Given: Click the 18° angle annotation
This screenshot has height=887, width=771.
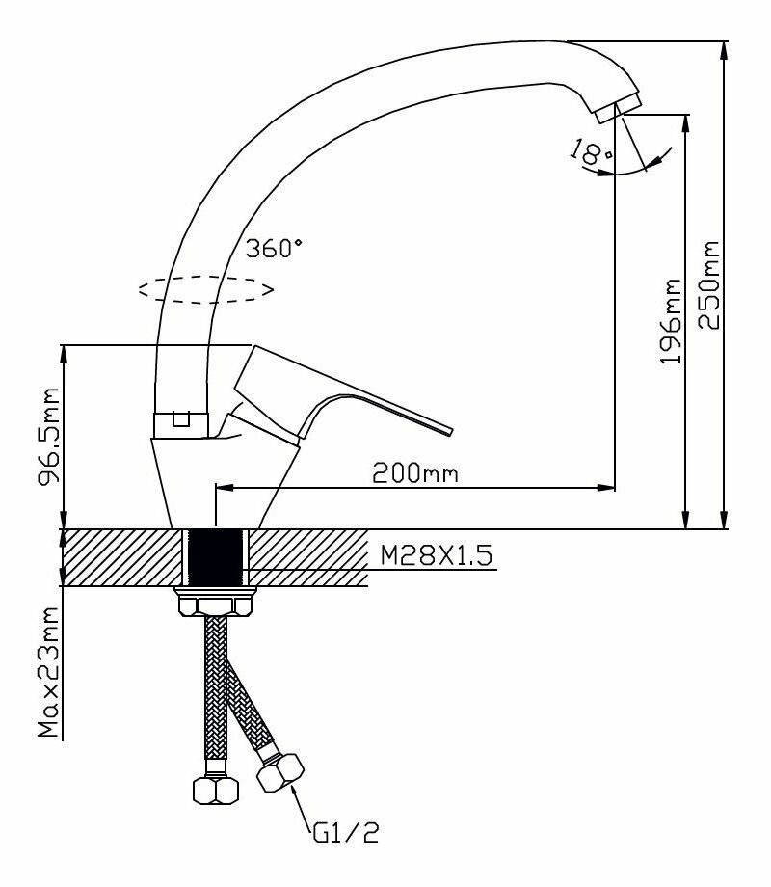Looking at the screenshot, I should pyautogui.click(x=591, y=151).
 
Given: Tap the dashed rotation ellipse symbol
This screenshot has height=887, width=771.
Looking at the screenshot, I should pyautogui.click(x=205, y=288).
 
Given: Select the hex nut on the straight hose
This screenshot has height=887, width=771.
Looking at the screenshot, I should pyautogui.click(x=215, y=790).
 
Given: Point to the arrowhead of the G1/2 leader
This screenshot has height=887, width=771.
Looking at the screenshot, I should pyautogui.click(x=292, y=790).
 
